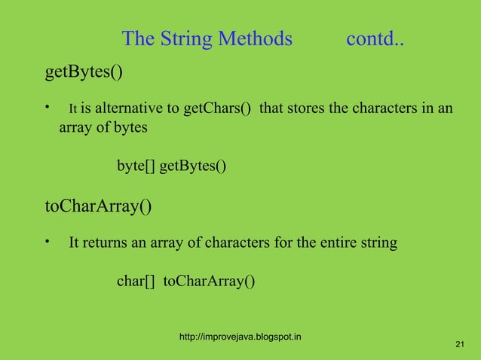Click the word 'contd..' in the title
click(x=374, y=38)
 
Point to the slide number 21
click(x=461, y=344)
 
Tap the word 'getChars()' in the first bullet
click(x=217, y=109)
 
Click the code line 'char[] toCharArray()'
click(x=185, y=282)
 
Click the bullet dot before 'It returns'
click(x=47, y=241)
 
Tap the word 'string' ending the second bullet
click(x=375, y=243)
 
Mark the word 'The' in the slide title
click(x=137, y=38)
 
